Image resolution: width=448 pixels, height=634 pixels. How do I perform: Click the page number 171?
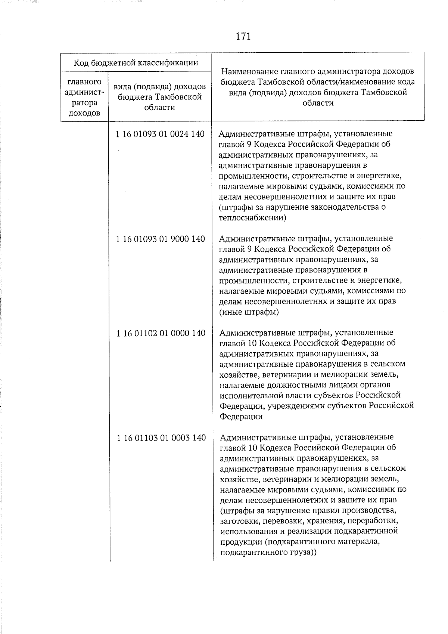point(243,37)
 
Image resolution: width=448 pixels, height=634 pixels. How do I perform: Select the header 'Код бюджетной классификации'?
point(136,62)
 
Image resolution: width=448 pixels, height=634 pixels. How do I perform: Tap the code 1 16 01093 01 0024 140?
point(161,134)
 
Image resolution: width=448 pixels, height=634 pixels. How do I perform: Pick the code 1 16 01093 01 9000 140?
point(161,239)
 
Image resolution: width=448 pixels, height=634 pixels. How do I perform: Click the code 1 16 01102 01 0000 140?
point(161,333)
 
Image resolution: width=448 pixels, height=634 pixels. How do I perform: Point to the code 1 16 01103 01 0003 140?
point(161,437)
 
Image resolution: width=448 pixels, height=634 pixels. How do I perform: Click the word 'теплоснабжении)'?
point(252,217)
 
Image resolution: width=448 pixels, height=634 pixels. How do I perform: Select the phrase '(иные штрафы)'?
point(249,312)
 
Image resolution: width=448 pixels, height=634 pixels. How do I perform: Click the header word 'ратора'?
point(84,102)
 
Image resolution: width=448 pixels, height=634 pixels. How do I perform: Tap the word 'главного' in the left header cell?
point(84,81)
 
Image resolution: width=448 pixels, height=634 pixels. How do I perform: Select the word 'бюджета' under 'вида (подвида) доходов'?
point(136,97)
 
